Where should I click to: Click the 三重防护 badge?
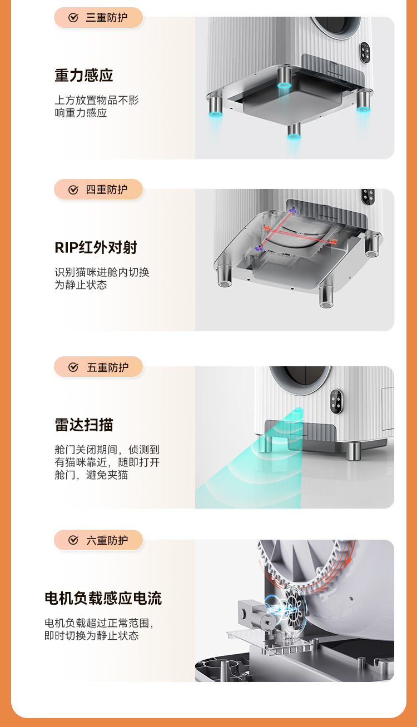98,18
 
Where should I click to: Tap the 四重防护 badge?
98,189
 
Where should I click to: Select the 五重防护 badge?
98,367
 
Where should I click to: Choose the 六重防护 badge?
98,540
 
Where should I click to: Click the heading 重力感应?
84,75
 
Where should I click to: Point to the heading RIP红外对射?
96,247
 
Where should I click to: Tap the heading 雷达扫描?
84,425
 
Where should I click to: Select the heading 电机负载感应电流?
103,598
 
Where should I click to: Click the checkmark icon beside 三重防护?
73,18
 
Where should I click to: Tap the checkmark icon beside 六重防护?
73,540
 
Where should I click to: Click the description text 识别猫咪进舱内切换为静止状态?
102,278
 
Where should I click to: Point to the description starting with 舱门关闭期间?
107,462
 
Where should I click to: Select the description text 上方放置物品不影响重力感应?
97,107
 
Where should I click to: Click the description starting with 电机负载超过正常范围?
99,629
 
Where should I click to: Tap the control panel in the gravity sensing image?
365,53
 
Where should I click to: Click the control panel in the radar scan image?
337,402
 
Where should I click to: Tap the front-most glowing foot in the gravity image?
294,131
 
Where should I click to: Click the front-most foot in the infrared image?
326,297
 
